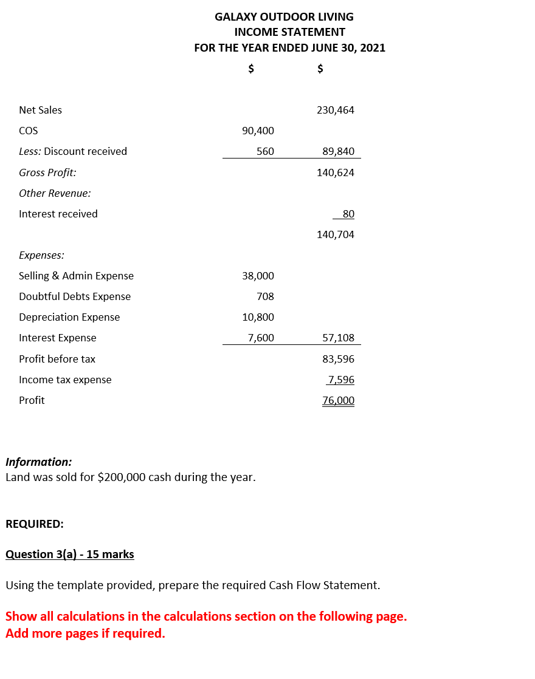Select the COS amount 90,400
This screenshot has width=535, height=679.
[258, 131]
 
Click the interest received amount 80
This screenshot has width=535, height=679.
[348, 214]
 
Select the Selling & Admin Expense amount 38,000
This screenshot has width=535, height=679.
[258, 276]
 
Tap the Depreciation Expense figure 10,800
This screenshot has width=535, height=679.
[258, 317]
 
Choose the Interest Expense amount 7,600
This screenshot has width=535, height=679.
[261, 338]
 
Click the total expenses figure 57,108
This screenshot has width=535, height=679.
[338, 338]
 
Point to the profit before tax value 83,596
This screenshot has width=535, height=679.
[338, 359]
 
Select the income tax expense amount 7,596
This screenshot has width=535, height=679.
[340, 380]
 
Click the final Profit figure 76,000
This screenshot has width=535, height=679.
[338, 400]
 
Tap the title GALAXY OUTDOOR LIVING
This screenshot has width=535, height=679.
[284, 16]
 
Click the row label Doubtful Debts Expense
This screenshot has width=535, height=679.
[75, 296]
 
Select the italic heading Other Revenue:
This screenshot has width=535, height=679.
[55, 193]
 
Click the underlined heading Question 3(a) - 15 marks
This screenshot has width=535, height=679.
[70, 554]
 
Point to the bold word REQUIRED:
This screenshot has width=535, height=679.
[35, 524]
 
